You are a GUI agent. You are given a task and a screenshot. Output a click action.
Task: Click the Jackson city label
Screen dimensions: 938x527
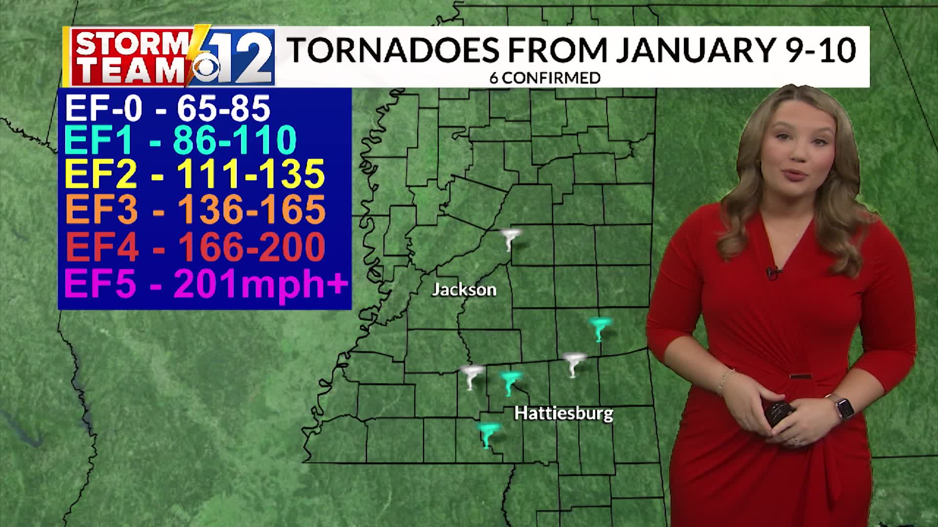(x=464, y=290)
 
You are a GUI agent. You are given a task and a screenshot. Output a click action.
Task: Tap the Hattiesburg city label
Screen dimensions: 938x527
(x=564, y=414)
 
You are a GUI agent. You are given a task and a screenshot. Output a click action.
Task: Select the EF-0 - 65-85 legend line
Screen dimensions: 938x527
(x=167, y=108)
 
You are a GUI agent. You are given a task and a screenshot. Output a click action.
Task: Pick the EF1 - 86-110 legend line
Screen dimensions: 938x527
(x=180, y=140)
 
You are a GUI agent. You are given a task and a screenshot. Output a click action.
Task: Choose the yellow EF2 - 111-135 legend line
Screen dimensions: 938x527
(x=194, y=174)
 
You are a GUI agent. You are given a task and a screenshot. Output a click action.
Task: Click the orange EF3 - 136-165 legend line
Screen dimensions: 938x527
(x=195, y=209)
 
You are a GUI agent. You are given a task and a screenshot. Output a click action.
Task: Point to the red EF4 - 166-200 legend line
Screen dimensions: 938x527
(x=195, y=246)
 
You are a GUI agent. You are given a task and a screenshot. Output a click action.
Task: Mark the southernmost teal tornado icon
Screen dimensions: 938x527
(x=488, y=434)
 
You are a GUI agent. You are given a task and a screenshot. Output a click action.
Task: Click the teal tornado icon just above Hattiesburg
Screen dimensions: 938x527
(x=511, y=383)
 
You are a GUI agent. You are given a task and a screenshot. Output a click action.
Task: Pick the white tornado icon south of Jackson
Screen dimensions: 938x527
(x=471, y=377)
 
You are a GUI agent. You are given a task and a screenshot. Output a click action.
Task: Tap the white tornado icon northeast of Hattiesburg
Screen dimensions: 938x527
(x=574, y=364)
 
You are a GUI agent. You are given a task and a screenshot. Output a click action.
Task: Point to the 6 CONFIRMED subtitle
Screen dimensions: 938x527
(x=545, y=78)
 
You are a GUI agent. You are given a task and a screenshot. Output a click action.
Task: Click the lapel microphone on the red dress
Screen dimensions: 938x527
(x=771, y=272)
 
